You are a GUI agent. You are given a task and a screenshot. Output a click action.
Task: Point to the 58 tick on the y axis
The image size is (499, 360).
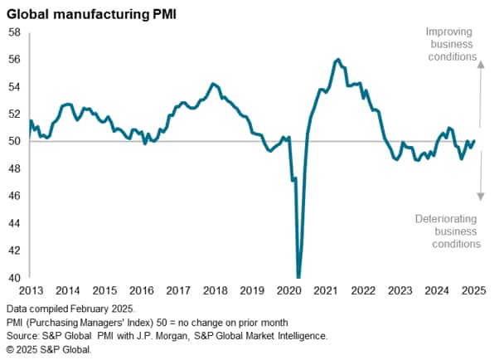(14, 32)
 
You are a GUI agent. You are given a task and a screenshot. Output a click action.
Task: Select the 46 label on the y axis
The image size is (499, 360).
(14, 197)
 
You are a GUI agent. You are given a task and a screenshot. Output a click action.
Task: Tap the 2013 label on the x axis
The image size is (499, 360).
(30, 291)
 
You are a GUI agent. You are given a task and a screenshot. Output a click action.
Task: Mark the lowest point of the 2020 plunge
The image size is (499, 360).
(298, 276)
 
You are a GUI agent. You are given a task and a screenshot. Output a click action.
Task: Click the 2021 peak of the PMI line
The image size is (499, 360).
(337, 60)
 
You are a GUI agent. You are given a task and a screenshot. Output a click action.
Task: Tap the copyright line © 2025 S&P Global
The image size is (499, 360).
(48, 349)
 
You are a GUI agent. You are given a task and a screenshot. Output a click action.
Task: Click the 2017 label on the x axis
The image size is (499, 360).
(178, 291)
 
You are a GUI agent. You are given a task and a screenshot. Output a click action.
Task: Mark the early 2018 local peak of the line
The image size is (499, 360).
(213, 83)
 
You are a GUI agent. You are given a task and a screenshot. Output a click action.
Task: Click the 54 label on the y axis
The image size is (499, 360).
(14, 87)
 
